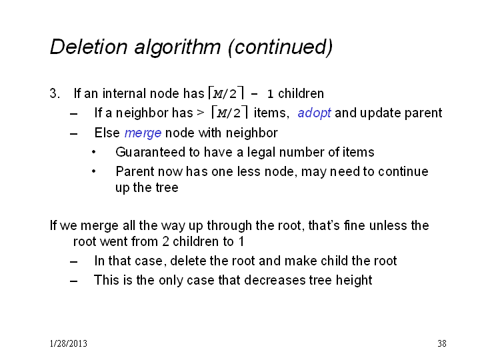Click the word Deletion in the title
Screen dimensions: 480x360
click(89, 47)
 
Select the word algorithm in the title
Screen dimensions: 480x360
click(177, 47)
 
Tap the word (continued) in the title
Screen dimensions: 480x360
click(281, 47)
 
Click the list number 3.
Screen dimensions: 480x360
click(55, 93)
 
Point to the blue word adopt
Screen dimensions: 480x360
click(314, 113)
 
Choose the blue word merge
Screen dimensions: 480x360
click(143, 133)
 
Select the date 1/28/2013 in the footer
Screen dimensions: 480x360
click(69, 343)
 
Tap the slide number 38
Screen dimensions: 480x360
click(442, 343)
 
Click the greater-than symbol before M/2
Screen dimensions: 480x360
click(201, 113)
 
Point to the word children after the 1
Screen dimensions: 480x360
click(301, 93)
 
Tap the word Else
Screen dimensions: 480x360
click(107, 133)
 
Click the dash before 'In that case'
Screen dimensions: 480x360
click(73, 262)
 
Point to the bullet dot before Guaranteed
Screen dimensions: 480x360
click(94, 152)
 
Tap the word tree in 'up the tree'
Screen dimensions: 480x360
click(167, 187)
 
